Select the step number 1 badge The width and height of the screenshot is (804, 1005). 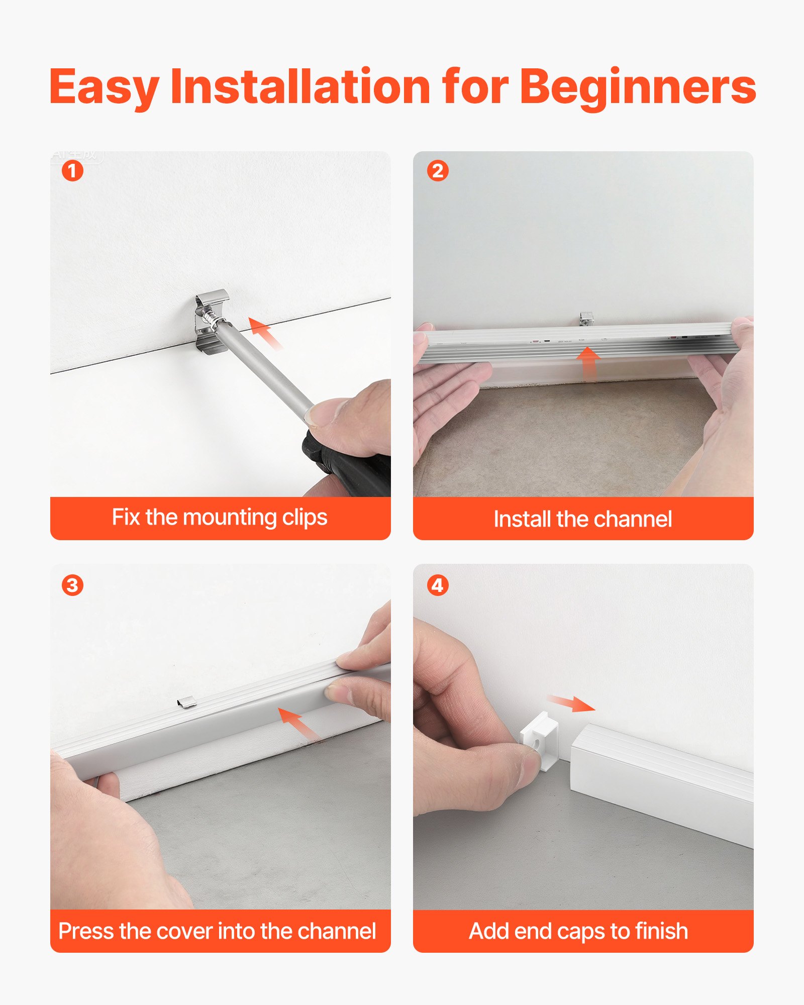(x=72, y=171)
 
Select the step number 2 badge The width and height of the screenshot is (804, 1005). (x=438, y=171)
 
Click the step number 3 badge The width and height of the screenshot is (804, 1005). (x=72, y=585)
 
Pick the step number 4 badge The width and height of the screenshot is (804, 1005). (x=438, y=585)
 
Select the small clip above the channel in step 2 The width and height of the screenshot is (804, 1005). (x=586, y=319)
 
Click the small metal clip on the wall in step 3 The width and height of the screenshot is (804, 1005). (x=187, y=701)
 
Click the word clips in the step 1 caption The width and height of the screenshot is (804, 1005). (x=305, y=518)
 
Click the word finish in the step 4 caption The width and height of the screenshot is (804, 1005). (x=661, y=931)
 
